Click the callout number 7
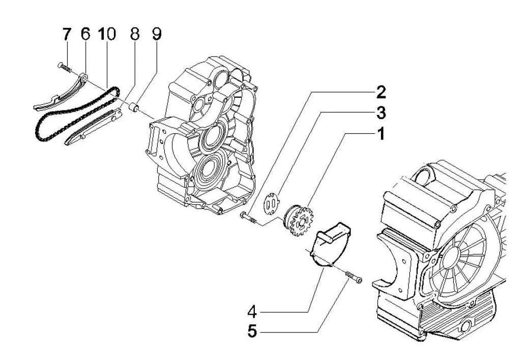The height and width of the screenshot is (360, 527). click(67, 34)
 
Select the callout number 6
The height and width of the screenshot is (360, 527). click(85, 34)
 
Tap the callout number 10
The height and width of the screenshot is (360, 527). click(107, 34)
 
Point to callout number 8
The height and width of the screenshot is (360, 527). click(134, 34)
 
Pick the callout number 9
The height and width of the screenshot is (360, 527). click(157, 34)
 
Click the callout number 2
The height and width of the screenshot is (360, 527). click(381, 92)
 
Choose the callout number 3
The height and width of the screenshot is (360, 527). click(381, 113)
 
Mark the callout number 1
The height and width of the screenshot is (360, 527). click(381, 134)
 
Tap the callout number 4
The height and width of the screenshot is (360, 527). click(252, 312)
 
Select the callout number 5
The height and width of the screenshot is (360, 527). click(252, 332)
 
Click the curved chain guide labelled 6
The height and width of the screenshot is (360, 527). click(60, 94)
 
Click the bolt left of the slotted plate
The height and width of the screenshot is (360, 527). click(249, 218)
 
